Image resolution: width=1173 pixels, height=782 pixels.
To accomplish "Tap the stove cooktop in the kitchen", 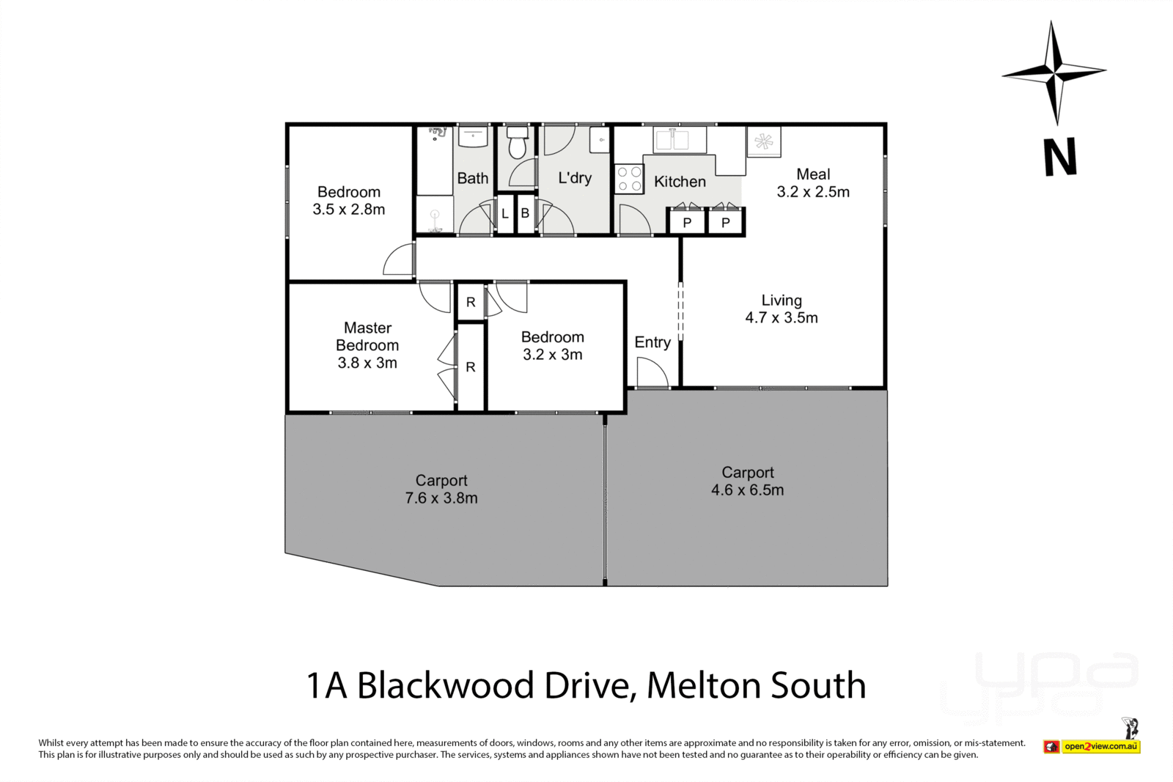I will click(628, 180).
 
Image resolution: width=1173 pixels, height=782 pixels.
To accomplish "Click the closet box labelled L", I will click(505, 214).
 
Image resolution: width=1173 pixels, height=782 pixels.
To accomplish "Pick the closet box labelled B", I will click(526, 214).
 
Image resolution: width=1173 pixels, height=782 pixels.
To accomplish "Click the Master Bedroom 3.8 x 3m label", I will click(367, 345).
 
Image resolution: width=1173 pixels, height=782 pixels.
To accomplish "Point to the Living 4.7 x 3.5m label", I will click(782, 309).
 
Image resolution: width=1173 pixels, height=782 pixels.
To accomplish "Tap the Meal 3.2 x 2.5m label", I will click(813, 182).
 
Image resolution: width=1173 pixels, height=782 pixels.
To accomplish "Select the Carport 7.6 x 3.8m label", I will click(441, 489).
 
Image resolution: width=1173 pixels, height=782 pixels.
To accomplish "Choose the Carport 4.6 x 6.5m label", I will click(747, 482).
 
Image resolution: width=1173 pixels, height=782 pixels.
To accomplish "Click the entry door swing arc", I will click(651, 372).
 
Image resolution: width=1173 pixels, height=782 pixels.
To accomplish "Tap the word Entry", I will click(652, 342).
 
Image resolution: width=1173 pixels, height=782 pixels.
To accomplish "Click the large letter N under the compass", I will click(1060, 158).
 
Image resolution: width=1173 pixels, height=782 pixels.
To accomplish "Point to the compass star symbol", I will click(1054, 72).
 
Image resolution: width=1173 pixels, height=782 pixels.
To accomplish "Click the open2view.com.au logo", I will click(1100, 746).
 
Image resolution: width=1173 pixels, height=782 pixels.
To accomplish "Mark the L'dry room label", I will click(574, 178).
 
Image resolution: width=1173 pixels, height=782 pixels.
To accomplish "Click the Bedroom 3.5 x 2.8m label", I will click(349, 200).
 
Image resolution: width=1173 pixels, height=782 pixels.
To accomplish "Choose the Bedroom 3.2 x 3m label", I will click(553, 345).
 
